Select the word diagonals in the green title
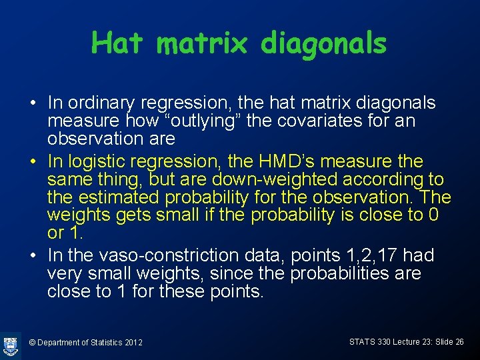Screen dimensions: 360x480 pos(324,43)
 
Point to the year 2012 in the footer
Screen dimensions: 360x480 pos(133,343)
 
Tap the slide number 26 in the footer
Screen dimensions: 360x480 pos(458,342)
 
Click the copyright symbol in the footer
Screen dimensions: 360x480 pos(32,343)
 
